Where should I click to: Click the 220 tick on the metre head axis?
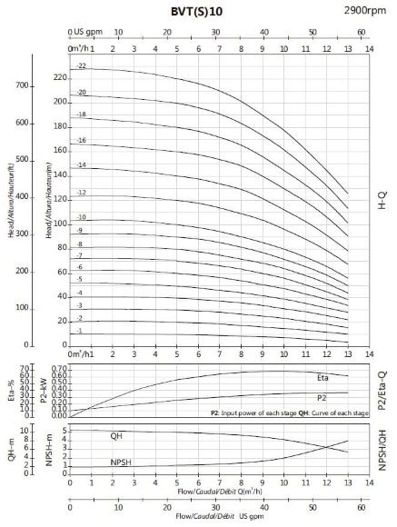61,77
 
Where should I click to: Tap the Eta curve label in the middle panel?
323,377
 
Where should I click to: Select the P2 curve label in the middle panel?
322,398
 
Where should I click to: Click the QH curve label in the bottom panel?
117,435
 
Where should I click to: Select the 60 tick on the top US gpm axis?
361,30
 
